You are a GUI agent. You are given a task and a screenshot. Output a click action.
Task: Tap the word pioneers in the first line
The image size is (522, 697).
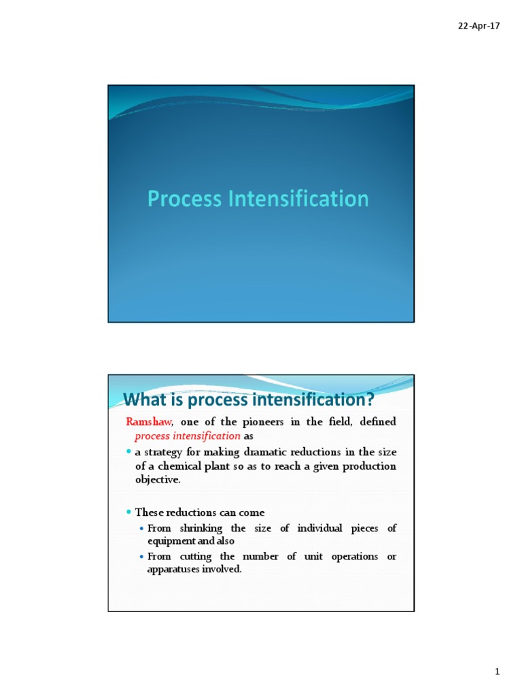(262, 422)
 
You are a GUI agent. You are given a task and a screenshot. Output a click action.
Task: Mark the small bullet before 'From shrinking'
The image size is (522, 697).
(141, 529)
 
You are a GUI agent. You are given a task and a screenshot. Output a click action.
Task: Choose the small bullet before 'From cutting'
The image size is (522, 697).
(141, 557)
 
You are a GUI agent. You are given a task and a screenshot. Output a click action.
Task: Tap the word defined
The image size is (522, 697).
(377, 422)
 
